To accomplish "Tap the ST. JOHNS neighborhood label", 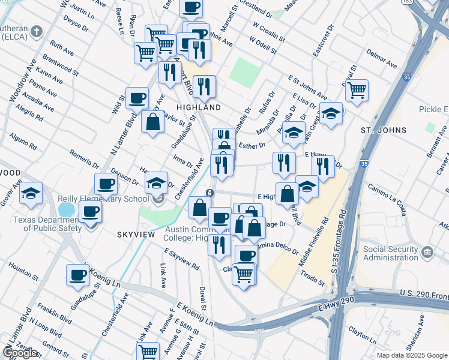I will point(383,130).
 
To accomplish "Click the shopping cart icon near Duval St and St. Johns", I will point(357,91).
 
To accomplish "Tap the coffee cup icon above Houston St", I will point(78,275).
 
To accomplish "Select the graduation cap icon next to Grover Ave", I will point(31,193).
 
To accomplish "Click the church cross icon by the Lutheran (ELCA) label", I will point(37,31).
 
